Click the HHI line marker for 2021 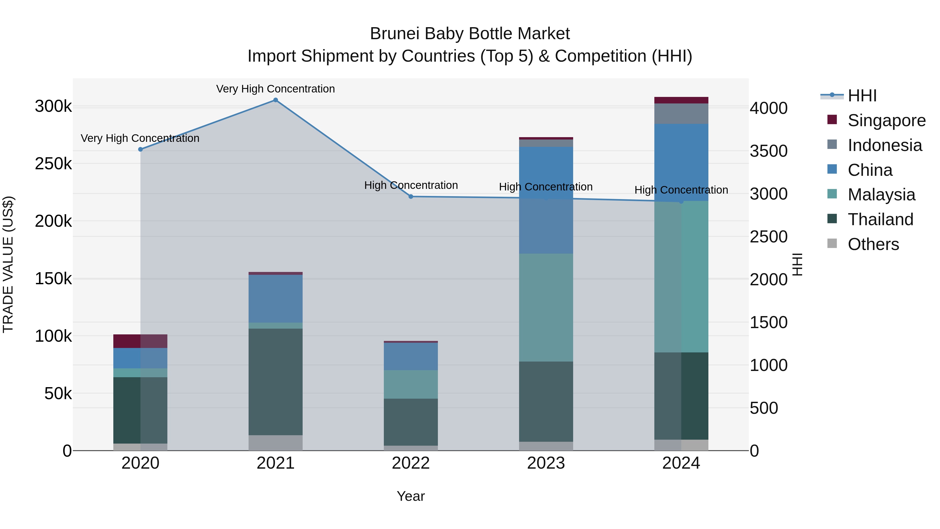275,100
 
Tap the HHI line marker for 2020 140,149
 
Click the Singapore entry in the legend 886,120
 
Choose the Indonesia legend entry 885,145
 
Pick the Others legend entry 873,244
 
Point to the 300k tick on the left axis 53,107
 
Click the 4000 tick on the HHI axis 768,108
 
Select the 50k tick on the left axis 58,394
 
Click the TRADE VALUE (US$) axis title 8,264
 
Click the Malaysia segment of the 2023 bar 546,307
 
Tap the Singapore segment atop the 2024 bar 681,100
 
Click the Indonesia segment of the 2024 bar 681,114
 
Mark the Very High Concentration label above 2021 275,89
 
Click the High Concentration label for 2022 411,185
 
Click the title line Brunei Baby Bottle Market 470,34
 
